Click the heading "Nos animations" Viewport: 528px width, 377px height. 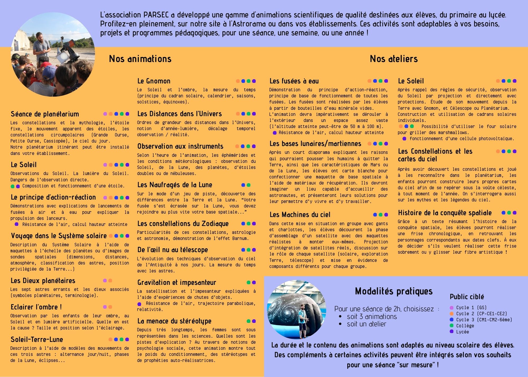[140, 59]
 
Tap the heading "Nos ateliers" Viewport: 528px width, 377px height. [394, 59]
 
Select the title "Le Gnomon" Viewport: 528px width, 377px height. [154, 81]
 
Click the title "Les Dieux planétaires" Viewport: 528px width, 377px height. [43, 281]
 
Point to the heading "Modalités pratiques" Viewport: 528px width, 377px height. [394, 291]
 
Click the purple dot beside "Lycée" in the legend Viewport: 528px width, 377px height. [451, 332]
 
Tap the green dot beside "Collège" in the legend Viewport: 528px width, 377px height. [451, 325]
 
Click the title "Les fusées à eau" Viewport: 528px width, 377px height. [294, 81]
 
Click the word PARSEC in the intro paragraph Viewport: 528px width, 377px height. [156, 15]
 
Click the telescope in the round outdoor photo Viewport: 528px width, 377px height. [69, 52]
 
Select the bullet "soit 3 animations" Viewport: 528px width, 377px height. [372, 317]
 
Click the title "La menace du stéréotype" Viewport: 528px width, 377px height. [174, 321]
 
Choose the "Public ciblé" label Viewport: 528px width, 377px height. [467, 297]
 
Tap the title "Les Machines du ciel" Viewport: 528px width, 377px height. [300, 215]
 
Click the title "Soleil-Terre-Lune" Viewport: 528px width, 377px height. [37, 339]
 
